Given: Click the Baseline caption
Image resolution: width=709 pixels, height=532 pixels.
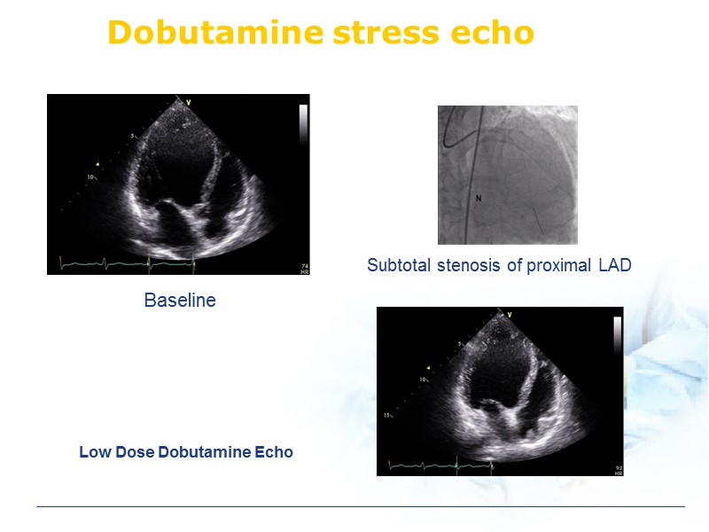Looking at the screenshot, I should (180, 301).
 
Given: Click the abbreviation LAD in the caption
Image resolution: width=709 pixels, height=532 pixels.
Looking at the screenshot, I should (613, 265).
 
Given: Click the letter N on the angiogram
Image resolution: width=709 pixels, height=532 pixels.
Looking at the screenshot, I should (479, 198).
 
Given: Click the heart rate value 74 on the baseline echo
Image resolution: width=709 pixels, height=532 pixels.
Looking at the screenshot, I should (303, 264).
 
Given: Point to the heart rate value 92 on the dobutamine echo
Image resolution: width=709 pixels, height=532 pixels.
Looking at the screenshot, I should (617, 465).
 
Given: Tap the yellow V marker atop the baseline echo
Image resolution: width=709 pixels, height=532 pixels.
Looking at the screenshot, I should (188, 103).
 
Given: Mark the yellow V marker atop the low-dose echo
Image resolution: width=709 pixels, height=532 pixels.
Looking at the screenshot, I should (510, 314).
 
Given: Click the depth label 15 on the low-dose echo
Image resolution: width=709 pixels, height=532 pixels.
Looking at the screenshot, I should (387, 415).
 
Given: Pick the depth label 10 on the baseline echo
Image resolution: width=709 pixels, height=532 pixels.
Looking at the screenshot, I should (90, 176).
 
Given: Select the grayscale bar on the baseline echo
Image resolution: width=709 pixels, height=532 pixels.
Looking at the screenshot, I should (303, 124).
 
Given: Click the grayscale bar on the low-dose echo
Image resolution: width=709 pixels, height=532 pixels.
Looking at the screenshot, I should (617, 336).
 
